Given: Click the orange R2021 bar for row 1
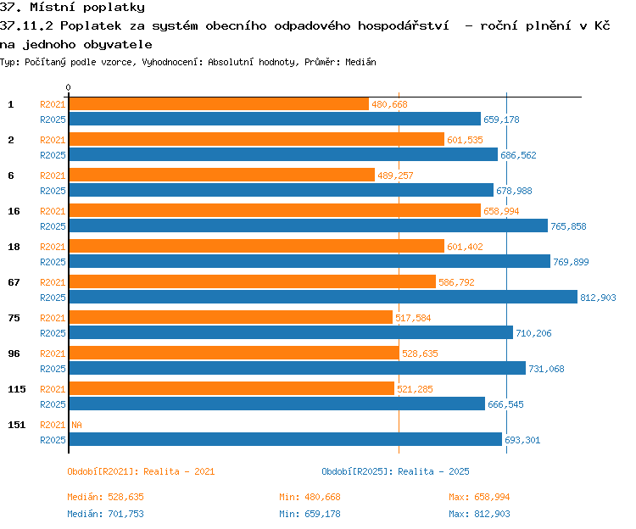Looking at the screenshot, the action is (x=219, y=103).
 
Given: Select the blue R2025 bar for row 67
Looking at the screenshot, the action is (x=323, y=297).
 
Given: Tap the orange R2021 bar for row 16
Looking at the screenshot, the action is (x=275, y=210).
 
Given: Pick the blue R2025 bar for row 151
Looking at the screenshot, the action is (x=286, y=439).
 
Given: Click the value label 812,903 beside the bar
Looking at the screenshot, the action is (x=598, y=298).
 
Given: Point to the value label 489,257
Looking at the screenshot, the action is (x=395, y=175).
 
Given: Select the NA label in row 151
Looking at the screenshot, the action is (x=76, y=425).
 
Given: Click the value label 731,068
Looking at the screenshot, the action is (x=546, y=369).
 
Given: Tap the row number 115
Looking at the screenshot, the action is (x=17, y=389).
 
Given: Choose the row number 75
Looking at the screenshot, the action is (x=14, y=318).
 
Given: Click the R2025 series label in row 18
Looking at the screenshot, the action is (x=53, y=262).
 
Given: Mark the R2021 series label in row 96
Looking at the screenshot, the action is (x=53, y=354).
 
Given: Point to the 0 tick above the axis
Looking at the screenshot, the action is (x=68, y=87).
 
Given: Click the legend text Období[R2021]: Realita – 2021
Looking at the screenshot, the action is (x=141, y=471).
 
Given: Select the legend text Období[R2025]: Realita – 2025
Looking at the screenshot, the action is (x=395, y=471).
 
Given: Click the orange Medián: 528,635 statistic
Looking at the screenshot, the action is (x=105, y=497).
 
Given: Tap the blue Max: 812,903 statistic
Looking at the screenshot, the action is (x=479, y=514).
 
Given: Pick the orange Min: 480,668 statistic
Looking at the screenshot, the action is (x=310, y=497).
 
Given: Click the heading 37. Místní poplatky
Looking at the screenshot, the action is (x=72, y=8).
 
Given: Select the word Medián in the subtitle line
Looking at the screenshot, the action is (x=360, y=62).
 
